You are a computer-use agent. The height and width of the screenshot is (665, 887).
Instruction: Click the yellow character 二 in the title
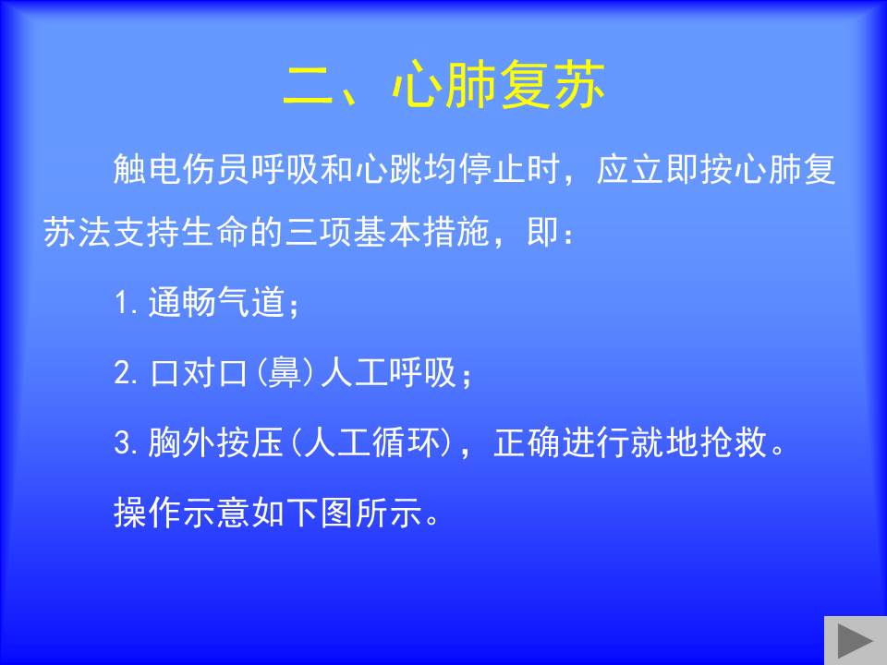click(x=309, y=85)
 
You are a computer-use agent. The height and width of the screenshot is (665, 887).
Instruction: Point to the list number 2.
click(x=124, y=372)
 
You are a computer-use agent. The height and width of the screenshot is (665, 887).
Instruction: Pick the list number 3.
click(x=124, y=442)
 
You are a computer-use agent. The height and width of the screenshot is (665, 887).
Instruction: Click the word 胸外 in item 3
click(x=182, y=442)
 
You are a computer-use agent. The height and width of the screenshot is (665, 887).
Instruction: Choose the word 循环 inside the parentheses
click(x=407, y=442)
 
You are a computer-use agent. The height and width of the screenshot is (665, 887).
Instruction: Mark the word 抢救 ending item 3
click(x=734, y=442)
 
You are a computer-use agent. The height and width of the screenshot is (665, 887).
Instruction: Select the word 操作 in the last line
click(x=148, y=513)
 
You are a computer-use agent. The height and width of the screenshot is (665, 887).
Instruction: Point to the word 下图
click(x=321, y=513)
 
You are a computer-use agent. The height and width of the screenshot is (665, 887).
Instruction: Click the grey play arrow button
click(x=855, y=641)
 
